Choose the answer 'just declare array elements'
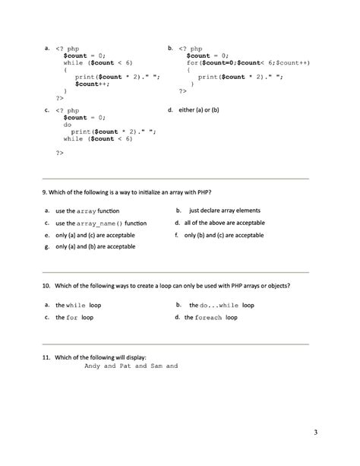(x=224, y=210)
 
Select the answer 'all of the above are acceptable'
(x=224, y=223)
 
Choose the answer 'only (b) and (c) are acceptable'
(x=224, y=236)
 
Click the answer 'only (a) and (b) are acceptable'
(x=95, y=247)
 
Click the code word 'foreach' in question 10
(x=209, y=318)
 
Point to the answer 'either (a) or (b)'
(x=199, y=110)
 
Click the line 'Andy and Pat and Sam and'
(x=131, y=366)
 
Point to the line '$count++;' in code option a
(x=91, y=84)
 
